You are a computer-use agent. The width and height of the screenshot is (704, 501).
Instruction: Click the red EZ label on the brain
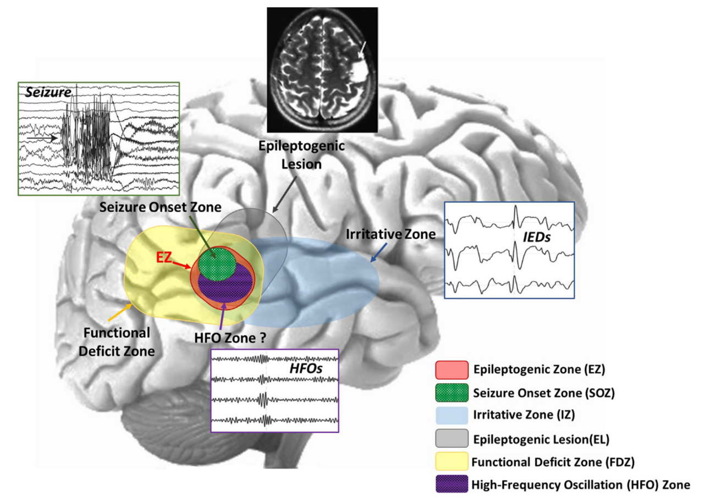(x=165, y=257)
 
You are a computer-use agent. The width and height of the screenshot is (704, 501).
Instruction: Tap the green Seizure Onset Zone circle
(x=217, y=263)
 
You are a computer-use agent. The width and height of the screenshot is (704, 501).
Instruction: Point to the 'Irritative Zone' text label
(x=391, y=234)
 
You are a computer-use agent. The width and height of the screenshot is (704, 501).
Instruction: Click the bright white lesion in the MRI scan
(x=360, y=71)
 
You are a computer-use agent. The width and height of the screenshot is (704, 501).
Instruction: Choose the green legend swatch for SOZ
(x=451, y=393)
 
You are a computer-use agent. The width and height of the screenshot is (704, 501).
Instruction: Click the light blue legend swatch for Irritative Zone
(x=451, y=416)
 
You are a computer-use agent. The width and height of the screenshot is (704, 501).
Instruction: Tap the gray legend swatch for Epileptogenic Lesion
(x=451, y=439)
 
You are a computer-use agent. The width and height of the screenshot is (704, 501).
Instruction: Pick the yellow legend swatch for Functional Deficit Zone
(x=451, y=461)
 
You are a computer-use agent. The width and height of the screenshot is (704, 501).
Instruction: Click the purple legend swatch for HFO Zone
(x=451, y=485)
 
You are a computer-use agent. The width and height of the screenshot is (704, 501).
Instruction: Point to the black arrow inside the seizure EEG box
(x=48, y=139)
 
